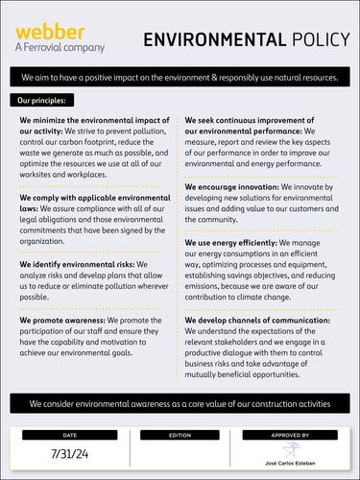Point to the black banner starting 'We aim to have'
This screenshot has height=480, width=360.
(x=180, y=76)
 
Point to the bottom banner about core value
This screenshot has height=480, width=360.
(x=180, y=404)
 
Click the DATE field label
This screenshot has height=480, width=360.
(x=69, y=434)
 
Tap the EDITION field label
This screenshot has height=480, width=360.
(x=180, y=434)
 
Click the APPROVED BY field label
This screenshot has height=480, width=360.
(x=290, y=434)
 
